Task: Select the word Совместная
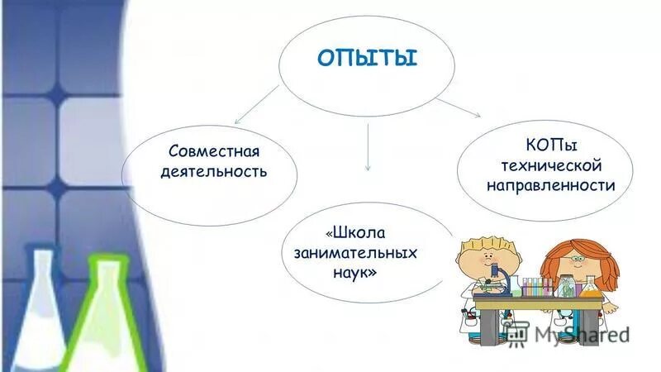pyautogui.click(x=214, y=152)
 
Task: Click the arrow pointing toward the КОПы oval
pyautogui.click(x=459, y=106)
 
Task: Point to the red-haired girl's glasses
pyautogui.click(x=578, y=260)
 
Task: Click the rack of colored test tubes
pyautogui.click(x=537, y=286)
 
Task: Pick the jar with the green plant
pyautogui.click(x=566, y=285)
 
